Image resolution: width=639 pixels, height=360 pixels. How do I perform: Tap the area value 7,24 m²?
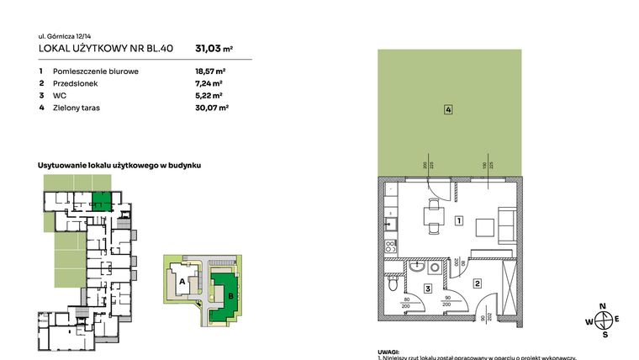click(209, 84)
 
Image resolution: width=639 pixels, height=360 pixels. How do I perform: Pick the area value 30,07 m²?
click(211, 108)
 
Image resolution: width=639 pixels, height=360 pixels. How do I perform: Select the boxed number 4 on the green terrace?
click(449, 109)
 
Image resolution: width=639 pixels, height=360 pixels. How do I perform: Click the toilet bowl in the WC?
click(393, 285)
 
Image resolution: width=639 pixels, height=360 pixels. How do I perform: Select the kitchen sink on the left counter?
click(389, 224)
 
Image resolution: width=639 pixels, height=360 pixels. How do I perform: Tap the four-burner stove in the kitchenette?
click(390, 247)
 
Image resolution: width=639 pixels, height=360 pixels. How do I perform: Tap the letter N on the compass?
click(603, 306)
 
